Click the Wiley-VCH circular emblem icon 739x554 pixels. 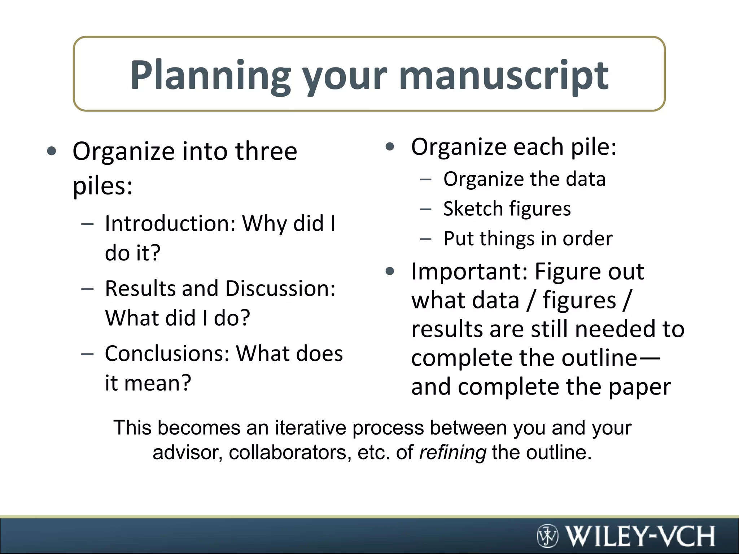(x=547, y=536)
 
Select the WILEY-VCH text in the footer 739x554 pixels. (x=640, y=536)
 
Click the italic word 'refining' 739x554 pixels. (x=453, y=452)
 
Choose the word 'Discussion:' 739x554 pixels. (x=280, y=289)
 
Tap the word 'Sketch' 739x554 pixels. (x=473, y=209)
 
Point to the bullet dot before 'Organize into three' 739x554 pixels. (x=52, y=151)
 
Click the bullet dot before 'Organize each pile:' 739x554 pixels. (x=390, y=147)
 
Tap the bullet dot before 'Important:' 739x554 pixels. (x=390, y=271)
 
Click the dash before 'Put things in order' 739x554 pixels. (x=426, y=239)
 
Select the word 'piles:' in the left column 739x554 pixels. (x=102, y=186)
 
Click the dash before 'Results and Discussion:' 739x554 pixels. (x=87, y=289)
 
